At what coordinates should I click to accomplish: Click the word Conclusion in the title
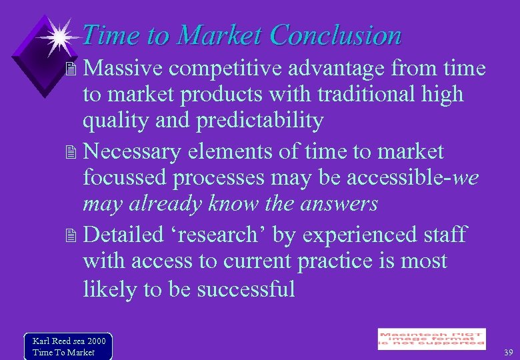tap(337, 35)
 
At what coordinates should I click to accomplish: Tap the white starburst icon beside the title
tap(59, 37)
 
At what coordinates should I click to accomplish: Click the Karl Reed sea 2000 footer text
tap(69, 341)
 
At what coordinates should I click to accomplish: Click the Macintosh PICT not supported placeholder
tap(431, 339)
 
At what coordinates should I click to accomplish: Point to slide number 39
tap(508, 353)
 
